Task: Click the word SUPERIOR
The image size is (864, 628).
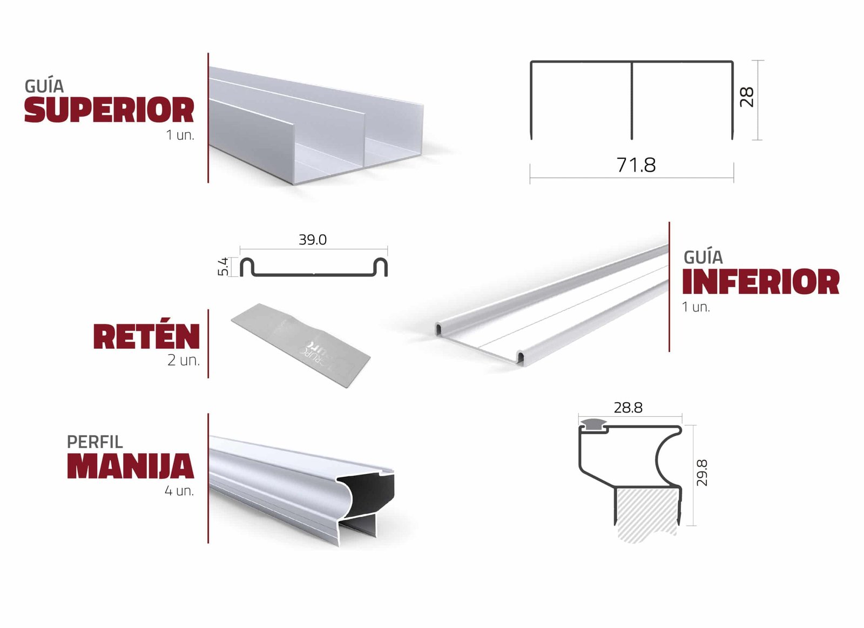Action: coord(109,110)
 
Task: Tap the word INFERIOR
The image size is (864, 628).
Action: coord(761,281)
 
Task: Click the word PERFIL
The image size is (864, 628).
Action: coord(95,442)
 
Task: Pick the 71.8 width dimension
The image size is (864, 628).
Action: coord(636,165)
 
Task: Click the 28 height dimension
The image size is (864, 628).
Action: coord(747,97)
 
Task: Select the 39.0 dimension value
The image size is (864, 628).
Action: coord(313,240)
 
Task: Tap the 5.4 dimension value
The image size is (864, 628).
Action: coord(224,267)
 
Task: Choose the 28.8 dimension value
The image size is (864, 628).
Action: coord(628,408)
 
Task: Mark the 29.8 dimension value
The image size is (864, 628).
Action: coord(702,472)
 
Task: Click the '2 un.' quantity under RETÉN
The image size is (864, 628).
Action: coord(184,360)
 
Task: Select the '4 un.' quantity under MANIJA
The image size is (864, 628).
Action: coord(179,491)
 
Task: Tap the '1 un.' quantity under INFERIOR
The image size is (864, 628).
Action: coord(696,307)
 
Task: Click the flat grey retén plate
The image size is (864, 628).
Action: coord(301,345)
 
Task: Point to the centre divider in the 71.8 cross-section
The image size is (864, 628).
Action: coord(632,100)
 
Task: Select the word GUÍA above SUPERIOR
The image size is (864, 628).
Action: coord(44,86)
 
